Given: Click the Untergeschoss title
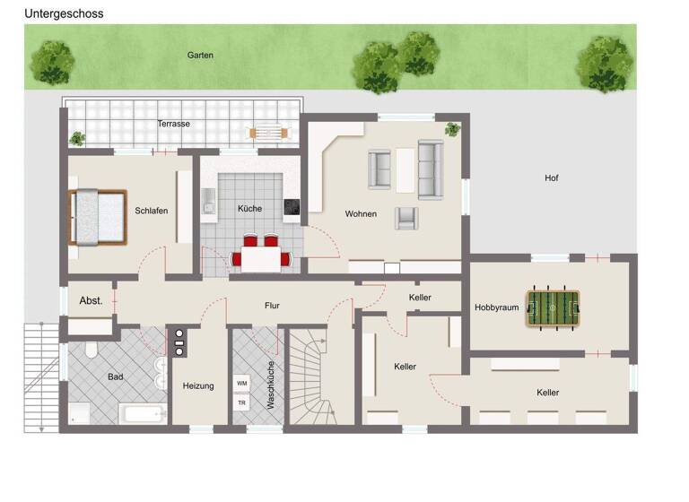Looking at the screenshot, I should (64, 13).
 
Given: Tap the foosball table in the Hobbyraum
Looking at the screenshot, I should (553, 308).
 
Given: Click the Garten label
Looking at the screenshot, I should (200, 56).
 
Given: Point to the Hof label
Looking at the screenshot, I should (551, 178).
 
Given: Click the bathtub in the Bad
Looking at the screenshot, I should (142, 414).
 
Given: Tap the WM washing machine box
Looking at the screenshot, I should (241, 383).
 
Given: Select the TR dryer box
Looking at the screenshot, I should (241, 402).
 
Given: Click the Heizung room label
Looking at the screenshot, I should (198, 386).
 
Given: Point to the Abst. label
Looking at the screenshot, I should (92, 300).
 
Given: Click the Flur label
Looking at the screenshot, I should (272, 306).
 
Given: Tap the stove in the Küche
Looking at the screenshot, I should (292, 209).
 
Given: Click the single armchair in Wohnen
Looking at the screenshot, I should (406, 217).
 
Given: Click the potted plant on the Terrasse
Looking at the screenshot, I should (77, 139).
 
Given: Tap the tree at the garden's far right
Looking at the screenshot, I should (605, 64).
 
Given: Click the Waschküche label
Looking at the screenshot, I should (271, 385).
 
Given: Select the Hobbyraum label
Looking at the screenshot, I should (497, 307).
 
